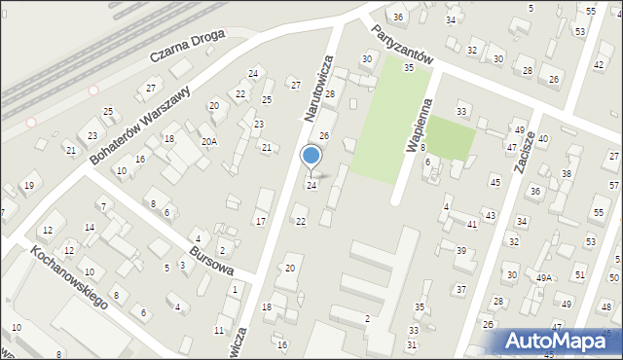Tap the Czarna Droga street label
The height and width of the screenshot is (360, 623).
tap(186, 46)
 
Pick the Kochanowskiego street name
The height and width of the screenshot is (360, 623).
tap(67, 276)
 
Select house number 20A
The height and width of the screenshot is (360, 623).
tap(208, 141)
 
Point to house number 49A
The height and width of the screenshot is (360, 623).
tap(543, 277)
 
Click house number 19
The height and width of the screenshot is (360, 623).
tap(29, 185)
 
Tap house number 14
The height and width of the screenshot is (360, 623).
tap(89, 228)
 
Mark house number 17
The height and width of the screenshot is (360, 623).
tap(260, 222)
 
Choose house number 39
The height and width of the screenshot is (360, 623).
tap(461, 251)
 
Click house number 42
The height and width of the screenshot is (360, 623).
tap(598, 64)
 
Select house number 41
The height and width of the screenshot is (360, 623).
tap(471, 225)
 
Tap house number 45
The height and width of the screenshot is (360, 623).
tap(495, 182)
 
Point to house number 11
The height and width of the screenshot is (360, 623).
tap(218, 331)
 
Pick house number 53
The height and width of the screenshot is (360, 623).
tap(579, 32)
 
